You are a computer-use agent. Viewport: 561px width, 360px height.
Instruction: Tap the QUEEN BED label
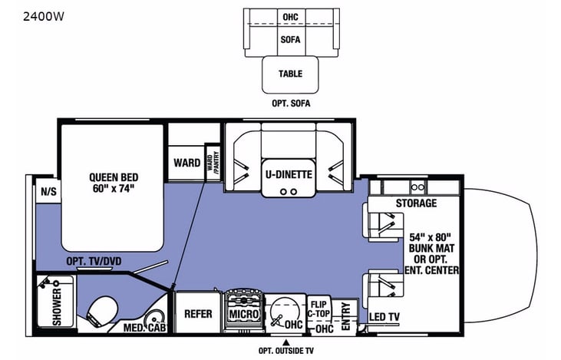112,181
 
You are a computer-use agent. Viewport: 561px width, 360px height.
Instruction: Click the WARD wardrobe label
186,163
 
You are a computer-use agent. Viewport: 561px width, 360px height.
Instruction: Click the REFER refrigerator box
197,314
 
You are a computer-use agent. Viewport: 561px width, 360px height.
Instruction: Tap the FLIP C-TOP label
320,308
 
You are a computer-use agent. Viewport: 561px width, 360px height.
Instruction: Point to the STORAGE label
416,203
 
